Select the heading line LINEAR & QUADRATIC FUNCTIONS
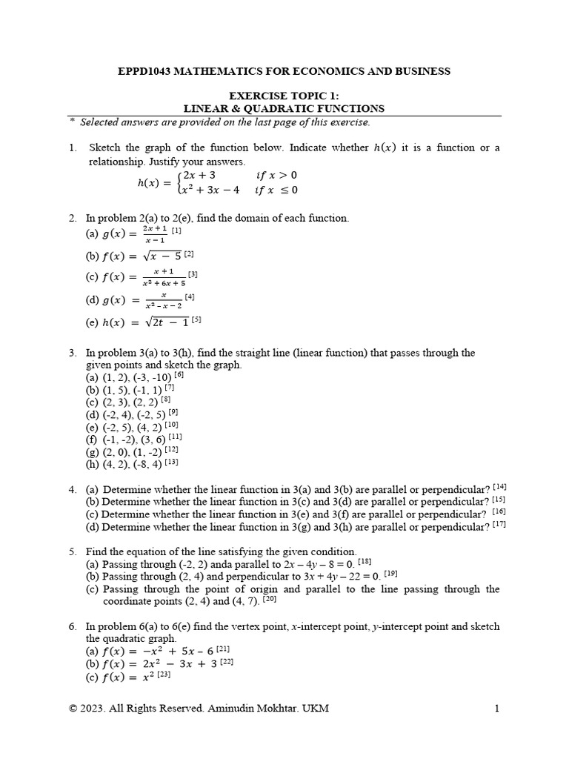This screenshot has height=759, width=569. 284,108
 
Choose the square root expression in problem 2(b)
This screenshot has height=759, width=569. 168,256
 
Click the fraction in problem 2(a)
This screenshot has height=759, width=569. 155,235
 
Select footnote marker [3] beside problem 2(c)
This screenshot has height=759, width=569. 193,274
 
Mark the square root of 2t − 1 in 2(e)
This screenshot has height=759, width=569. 168,322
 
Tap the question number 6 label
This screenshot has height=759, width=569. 73,626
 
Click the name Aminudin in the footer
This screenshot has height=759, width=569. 237,709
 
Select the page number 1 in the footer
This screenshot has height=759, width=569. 496,709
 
